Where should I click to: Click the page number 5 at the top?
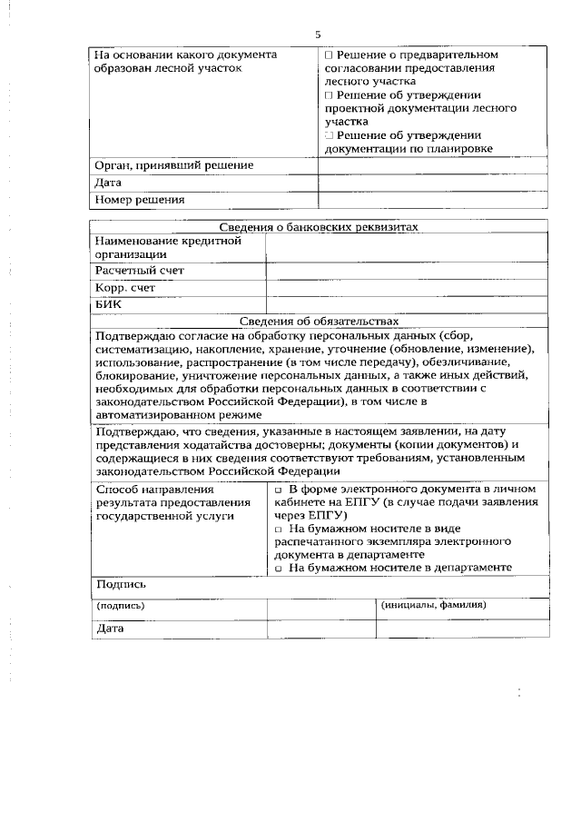318,35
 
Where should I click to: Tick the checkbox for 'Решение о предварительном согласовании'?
329,54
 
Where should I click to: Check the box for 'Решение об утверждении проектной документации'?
329,94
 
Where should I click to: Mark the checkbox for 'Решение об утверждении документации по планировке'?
329,134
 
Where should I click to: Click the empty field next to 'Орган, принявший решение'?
433,165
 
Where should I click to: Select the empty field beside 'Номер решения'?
433,199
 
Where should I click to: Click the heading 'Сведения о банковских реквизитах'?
319,227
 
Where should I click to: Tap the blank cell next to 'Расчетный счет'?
407,271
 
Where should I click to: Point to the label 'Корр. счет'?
125,288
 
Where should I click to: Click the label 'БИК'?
108,305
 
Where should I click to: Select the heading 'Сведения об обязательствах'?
319,321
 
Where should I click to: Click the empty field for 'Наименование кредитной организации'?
407,248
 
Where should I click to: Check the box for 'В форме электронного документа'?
279,490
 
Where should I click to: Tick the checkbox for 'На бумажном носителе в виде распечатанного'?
279,529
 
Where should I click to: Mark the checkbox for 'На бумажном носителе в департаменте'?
279,568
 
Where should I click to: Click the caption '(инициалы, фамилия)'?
434,604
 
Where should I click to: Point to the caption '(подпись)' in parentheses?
121,605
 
